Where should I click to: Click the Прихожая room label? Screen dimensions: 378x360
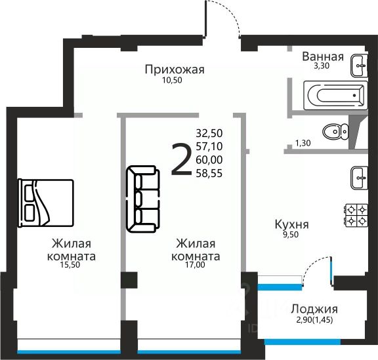click(x=175, y=70)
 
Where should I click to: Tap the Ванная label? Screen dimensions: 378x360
click(x=323, y=56)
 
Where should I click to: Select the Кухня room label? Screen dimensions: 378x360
click(x=291, y=224)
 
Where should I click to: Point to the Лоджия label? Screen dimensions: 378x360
click(x=314, y=309)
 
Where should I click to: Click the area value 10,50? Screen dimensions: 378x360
click(x=172, y=80)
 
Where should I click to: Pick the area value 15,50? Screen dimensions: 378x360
click(x=70, y=265)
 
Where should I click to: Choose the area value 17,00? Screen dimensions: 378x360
click(x=195, y=265)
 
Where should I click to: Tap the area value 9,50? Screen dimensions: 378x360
click(x=291, y=235)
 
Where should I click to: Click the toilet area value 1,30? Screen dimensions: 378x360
click(x=303, y=143)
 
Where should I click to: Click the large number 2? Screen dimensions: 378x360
click(x=182, y=159)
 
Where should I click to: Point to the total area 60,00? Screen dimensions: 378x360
click(x=209, y=160)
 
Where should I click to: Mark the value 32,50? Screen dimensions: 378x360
click(x=209, y=133)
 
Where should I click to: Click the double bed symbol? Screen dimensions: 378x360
click(x=46, y=203)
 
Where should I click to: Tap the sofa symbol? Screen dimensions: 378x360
click(x=143, y=199)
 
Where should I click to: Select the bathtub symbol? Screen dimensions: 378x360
click(x=335, y=96)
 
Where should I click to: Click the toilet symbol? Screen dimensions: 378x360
click(x=335, y=132)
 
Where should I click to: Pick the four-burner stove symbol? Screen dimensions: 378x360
click(x=357, y=215)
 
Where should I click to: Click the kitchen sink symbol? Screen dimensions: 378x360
click(x=359, y=178)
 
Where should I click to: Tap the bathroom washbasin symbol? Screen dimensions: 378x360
click(x=359, y=66)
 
